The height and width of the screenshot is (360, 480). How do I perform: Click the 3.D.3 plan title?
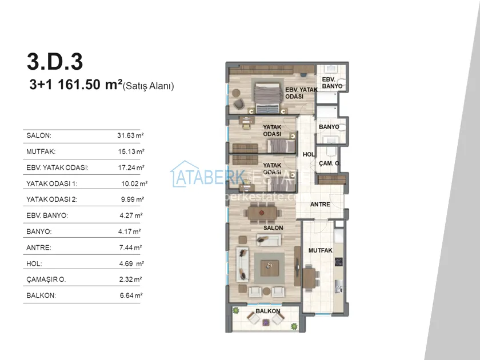[x=55, y=62]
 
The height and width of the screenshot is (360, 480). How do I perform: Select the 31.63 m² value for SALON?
[x=130, y=135]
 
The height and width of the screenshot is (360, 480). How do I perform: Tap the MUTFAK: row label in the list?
[x=41, y=151]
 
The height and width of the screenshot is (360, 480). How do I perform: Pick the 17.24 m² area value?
[x=131, y=167]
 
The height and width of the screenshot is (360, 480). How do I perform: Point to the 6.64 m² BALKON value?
[x=131, y=295]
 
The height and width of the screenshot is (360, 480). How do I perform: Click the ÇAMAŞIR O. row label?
[x=46, y=279]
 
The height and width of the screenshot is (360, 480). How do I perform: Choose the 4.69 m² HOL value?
[x=131, y=263]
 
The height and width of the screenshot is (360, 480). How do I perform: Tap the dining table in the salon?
[x=262, y=213]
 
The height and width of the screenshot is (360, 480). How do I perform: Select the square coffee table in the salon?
[x=270, y=268]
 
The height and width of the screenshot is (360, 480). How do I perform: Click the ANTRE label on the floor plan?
[x=320, y=204]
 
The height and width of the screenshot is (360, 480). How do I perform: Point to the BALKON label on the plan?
[x=268, y=311]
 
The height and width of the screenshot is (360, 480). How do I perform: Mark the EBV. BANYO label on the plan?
[x=332, y=83]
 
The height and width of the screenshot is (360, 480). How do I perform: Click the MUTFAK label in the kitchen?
[x=320, y=250]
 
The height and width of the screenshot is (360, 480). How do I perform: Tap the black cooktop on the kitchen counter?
[x=338, y=262]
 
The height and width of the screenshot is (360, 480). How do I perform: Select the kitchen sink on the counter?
[x=338, y=286]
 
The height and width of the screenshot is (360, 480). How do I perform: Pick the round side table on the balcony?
[x=266, y=322]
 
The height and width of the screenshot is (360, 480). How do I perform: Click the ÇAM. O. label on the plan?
[x=329, y=163]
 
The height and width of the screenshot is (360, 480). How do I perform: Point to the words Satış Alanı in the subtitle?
[x=148, y=86]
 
